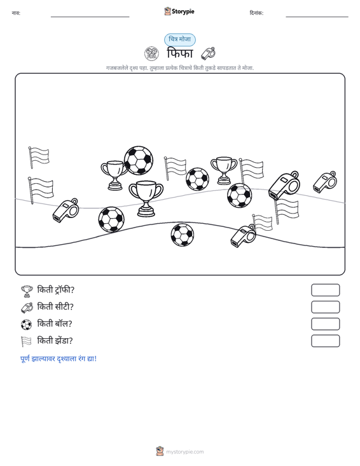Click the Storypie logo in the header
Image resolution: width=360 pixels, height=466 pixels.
pos(179,11)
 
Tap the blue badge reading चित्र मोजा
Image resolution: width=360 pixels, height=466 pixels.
pos(180,39)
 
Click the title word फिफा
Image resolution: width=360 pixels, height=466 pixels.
pos(180,53)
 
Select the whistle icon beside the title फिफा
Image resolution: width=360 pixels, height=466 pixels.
pos(208,53)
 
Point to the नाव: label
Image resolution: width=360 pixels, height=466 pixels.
pos(16,13)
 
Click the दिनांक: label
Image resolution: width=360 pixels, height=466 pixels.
pos(256,13)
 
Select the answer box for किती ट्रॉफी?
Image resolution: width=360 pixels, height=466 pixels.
pos(326,290)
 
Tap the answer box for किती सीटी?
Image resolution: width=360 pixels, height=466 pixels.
pos(326,307)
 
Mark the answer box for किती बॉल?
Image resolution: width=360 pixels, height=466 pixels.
pos(326,324)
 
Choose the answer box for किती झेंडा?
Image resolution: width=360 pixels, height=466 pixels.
pos(326,341)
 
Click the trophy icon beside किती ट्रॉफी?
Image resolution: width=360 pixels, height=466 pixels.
pos(27,291)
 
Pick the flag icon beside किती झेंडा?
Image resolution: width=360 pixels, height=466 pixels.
pos(26,341)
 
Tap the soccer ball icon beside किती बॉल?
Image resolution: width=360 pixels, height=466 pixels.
pos(27,324)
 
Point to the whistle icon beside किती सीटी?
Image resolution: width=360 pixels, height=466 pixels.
pos(27,308)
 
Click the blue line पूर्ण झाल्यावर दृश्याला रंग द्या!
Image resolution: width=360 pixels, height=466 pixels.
pos(59,359)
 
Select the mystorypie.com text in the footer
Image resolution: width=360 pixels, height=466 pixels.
pos(184,452)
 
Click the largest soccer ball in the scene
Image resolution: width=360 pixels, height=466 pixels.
pos(139,160)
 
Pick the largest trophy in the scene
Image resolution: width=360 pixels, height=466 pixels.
pos(146,198)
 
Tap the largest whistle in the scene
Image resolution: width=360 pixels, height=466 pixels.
pos(284,185)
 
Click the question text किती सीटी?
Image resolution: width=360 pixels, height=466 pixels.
pos(55,306)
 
